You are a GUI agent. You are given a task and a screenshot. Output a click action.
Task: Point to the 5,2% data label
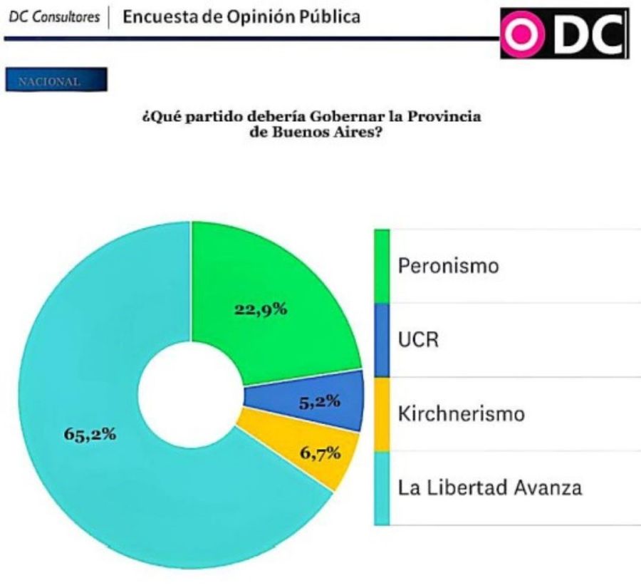[320, 402]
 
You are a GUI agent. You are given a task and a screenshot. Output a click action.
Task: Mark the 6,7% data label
[318, 453]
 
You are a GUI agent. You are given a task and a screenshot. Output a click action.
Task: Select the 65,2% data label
[90, 435]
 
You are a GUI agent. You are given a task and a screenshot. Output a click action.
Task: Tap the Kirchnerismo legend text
[462, 414]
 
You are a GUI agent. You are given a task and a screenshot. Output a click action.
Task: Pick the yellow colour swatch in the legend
[382, 414]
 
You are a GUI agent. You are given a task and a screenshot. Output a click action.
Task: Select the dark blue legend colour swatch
[382, 340]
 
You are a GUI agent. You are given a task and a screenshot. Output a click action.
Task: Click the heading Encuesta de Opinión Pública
[241, 16]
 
